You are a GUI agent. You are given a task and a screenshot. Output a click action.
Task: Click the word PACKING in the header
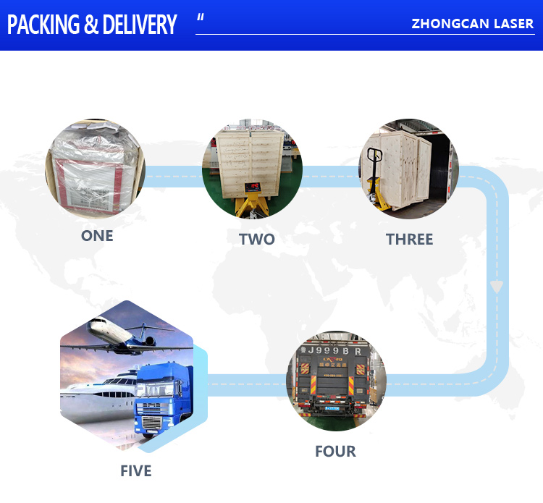click(x=43, y=25)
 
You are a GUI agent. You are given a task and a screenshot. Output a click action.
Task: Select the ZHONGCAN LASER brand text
click(x=472, y=24)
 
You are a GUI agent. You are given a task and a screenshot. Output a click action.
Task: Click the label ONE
click(x=97, y=236)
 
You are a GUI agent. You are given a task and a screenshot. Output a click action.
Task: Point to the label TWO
click(x=256, y=240)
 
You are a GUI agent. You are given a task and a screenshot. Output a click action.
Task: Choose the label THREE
click(x=409, y=240)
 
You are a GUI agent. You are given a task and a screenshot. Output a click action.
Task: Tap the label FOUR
click(x=335, y=452)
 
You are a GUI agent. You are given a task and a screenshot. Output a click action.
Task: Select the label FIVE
click(x=136, y=471)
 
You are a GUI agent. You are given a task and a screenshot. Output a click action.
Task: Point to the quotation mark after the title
click(x=201, y=17)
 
